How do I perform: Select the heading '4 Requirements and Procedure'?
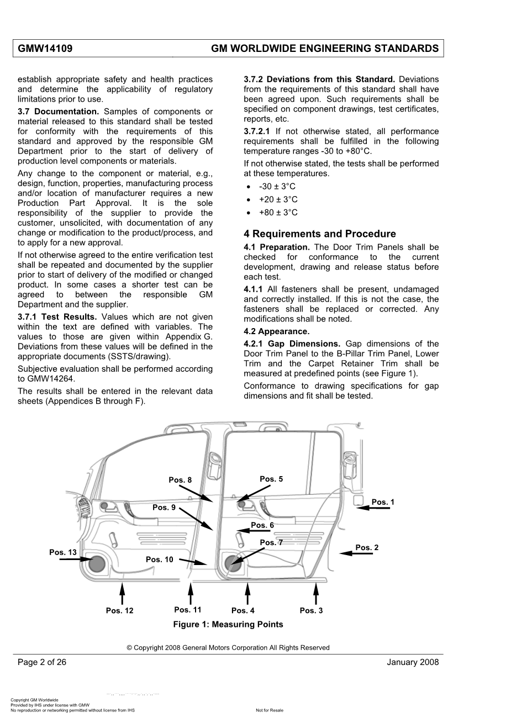coord(319,234)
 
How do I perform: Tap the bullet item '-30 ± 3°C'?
coord(277,187)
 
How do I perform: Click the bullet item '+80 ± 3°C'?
coord(278,213)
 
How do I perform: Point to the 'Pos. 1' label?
coord(383,502)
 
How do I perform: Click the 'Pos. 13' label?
coord(63,552)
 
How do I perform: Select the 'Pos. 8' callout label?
coord(180,480)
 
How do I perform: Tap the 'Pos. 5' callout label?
coord(271,479)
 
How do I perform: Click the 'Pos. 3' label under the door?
coord(311,610)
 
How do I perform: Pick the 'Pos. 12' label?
coord(120,610)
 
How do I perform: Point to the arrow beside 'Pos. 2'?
coord(356,553)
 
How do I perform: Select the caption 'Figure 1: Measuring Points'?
coord(228,625)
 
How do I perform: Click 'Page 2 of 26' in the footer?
coord(42,662)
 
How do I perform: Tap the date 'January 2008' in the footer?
coord(413,662)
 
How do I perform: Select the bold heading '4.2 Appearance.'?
coord(277,331)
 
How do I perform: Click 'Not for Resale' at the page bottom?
coord(270,711)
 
